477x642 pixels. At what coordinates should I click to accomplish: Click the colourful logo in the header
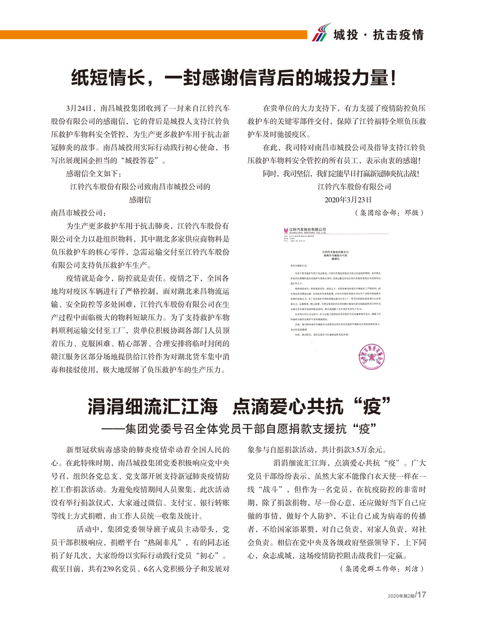pos(321,33)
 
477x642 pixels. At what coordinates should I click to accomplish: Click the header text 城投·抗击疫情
pos(378,35)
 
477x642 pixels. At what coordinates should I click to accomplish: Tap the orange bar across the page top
pos(153,35)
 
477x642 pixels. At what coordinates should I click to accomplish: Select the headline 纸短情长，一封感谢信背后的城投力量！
pos(234,78)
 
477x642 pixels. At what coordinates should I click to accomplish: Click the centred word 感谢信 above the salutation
pos(140,200)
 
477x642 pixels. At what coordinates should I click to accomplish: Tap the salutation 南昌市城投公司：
pos(79,213)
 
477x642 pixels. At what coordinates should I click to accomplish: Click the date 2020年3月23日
pos(348,200)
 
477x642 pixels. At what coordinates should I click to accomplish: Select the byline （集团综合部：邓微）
pos(389,213)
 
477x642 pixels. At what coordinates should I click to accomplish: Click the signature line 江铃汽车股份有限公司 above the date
pos(354,187)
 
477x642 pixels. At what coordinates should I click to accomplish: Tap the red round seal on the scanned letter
pos(372,356)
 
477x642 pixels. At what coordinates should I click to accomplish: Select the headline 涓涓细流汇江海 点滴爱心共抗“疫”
pos(238,407)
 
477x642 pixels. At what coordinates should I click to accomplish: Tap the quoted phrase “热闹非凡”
pos(163,542)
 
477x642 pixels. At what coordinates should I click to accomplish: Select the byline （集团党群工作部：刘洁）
pos(382,569)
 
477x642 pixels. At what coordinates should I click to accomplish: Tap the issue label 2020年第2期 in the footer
pos(401,596)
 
